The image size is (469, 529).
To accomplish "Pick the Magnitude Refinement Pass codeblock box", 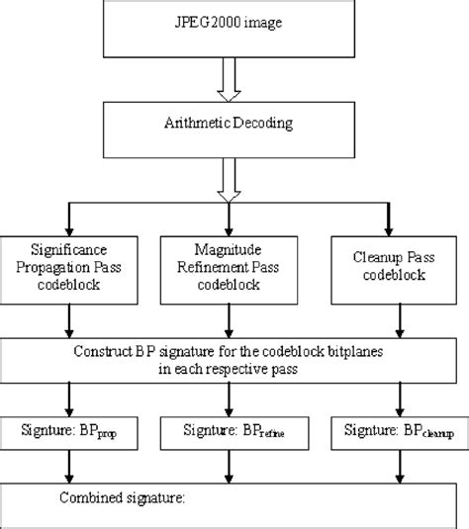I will [x=229, y=268].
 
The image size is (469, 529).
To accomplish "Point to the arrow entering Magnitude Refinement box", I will [x=229, y=220].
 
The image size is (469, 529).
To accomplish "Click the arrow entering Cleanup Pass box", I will [x=399, y=220].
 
